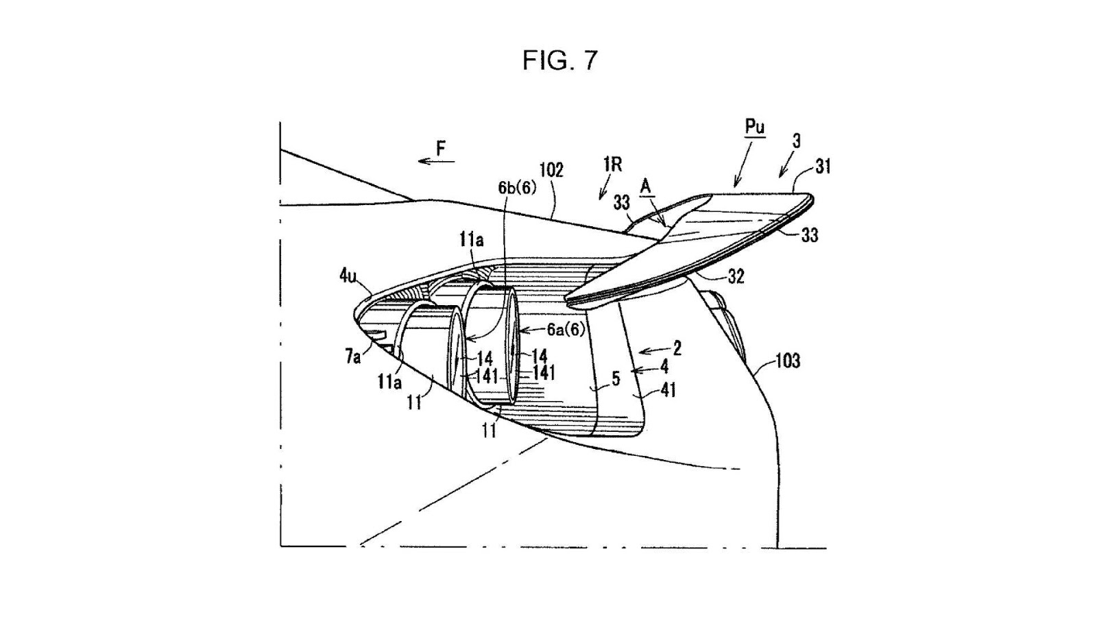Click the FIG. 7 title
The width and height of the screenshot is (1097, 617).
(560, 61)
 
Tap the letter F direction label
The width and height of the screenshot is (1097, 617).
(442, 148)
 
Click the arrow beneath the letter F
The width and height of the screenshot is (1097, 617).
(436, 161)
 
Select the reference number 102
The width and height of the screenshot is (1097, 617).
(551, 171)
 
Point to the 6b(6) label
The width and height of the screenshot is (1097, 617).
(517, 188)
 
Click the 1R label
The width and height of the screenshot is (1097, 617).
(613, 165)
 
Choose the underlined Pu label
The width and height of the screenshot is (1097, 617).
(755, 128)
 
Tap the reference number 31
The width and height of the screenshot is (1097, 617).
(823, 167)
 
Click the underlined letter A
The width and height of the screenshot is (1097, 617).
(646, 186)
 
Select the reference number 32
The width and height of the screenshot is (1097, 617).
(736, 277)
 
